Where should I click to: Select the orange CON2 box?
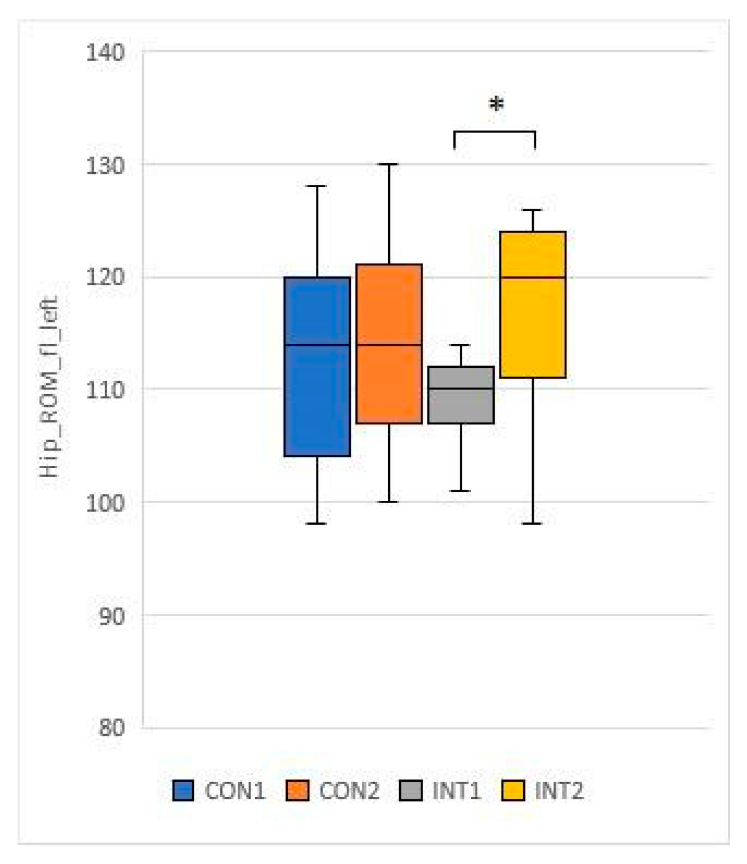389,344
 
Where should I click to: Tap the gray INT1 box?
461,395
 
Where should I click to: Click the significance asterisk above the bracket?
496,106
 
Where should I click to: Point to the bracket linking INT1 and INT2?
494,132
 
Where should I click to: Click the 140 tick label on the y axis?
105,53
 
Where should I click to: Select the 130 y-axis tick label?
105,166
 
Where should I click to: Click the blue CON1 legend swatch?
183,791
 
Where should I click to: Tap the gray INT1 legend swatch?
411,791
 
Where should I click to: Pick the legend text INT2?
559,791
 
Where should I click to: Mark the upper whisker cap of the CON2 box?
389,164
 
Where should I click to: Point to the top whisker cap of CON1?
317,186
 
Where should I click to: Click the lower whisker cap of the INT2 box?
533,524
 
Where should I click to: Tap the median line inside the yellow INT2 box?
533,278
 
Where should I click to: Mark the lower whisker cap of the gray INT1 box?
461,491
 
